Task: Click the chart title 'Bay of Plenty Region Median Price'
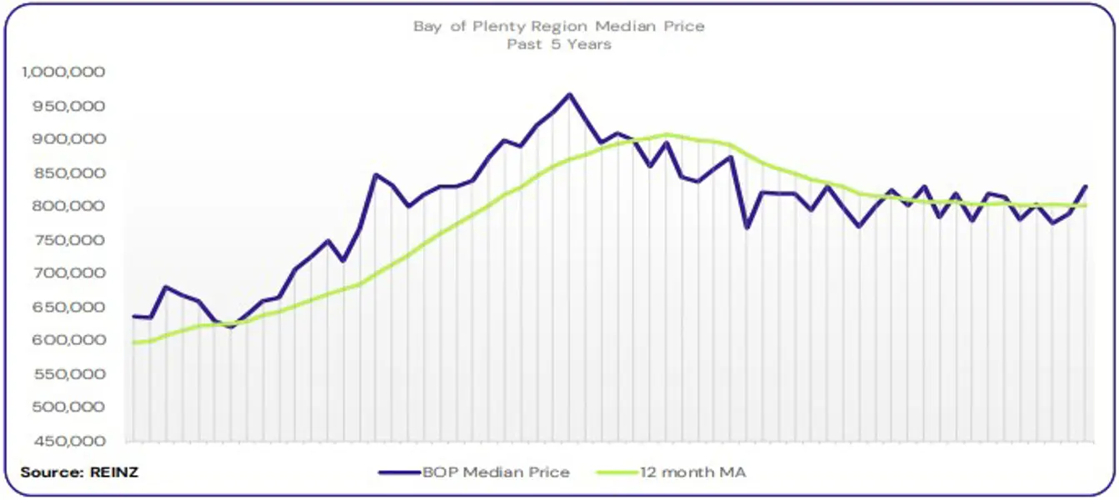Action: [558, 26]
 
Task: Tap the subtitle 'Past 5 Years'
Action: [558, 44]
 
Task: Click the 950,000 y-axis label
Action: [69, 106]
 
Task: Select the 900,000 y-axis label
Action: [69, 139]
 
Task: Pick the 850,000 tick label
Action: [69, 173]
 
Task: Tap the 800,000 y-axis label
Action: [69, 207]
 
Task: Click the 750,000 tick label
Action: [69, 240]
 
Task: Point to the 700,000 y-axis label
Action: [69, 273]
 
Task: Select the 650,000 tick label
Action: [69, 307]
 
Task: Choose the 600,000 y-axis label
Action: [69, 341]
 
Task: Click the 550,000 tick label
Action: [69, 374]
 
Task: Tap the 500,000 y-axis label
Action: [69, 407]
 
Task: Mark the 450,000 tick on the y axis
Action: [69, 441]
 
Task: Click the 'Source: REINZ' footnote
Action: [79, 472]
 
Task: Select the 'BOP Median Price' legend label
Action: [496, 472]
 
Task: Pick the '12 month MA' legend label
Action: [693, 472]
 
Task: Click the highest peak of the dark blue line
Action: [569, 94]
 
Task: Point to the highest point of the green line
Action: [667, 134]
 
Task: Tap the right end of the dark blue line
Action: [1086, 186]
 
